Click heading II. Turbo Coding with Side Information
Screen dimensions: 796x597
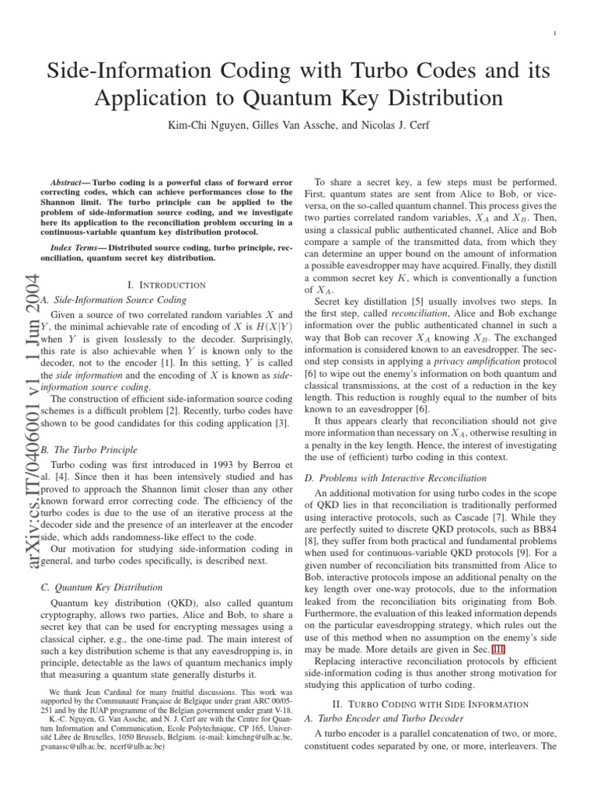click(440, 703)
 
